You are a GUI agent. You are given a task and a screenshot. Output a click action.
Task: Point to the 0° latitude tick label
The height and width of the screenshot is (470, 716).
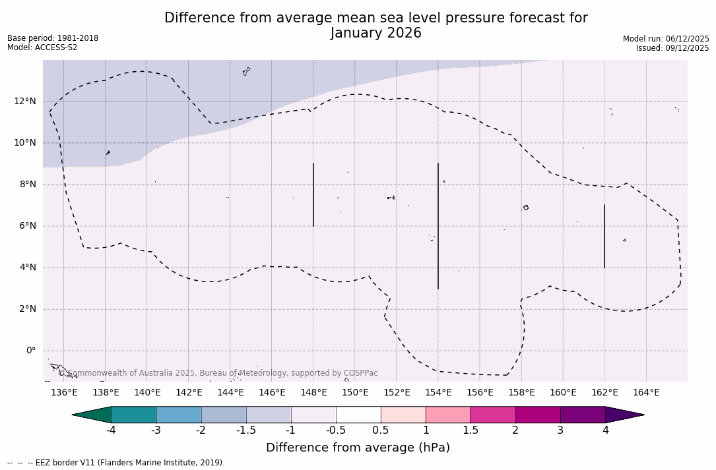click(x=30, y=351)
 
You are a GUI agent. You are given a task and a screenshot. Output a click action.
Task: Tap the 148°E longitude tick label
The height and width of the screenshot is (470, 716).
click(x=313, y=392)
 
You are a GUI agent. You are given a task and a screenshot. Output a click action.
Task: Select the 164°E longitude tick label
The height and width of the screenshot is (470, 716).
click(x=646, y=392)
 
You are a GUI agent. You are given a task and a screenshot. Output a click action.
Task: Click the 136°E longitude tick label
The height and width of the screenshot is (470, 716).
click(x=64, y=392)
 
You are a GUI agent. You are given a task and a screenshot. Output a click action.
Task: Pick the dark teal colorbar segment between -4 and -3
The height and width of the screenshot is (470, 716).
click(x=134, y=415)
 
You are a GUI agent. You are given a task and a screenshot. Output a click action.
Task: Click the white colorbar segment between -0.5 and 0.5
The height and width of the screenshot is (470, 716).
click(x=358, y=415)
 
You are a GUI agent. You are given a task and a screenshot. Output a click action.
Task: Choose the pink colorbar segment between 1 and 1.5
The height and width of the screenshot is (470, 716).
click(x=448, y=415)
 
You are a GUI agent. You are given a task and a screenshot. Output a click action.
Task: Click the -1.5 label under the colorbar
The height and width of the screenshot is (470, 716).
click(x=246, y=430)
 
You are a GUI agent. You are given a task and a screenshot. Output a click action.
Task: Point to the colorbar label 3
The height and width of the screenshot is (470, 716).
click(x=560, y=430)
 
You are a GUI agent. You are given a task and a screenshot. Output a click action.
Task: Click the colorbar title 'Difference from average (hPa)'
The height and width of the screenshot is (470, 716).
click(x=358, y=448)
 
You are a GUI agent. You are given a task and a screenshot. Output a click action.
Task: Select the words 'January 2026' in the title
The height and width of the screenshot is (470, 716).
click(x=375, y=33)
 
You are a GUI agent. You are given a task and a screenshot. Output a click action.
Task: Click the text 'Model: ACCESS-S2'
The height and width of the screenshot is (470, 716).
click(x=42, y=47)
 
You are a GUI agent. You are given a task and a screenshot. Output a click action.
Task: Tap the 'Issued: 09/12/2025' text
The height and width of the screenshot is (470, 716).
click(x=672, y=48)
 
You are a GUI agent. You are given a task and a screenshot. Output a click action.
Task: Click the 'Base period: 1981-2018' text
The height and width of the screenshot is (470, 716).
click(x=53, y=38)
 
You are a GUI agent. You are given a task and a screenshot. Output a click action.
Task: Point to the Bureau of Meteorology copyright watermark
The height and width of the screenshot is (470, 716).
click(x=218, y=373)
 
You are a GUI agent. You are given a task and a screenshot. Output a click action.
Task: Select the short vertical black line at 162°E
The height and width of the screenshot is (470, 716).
click(x=604, y=236)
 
